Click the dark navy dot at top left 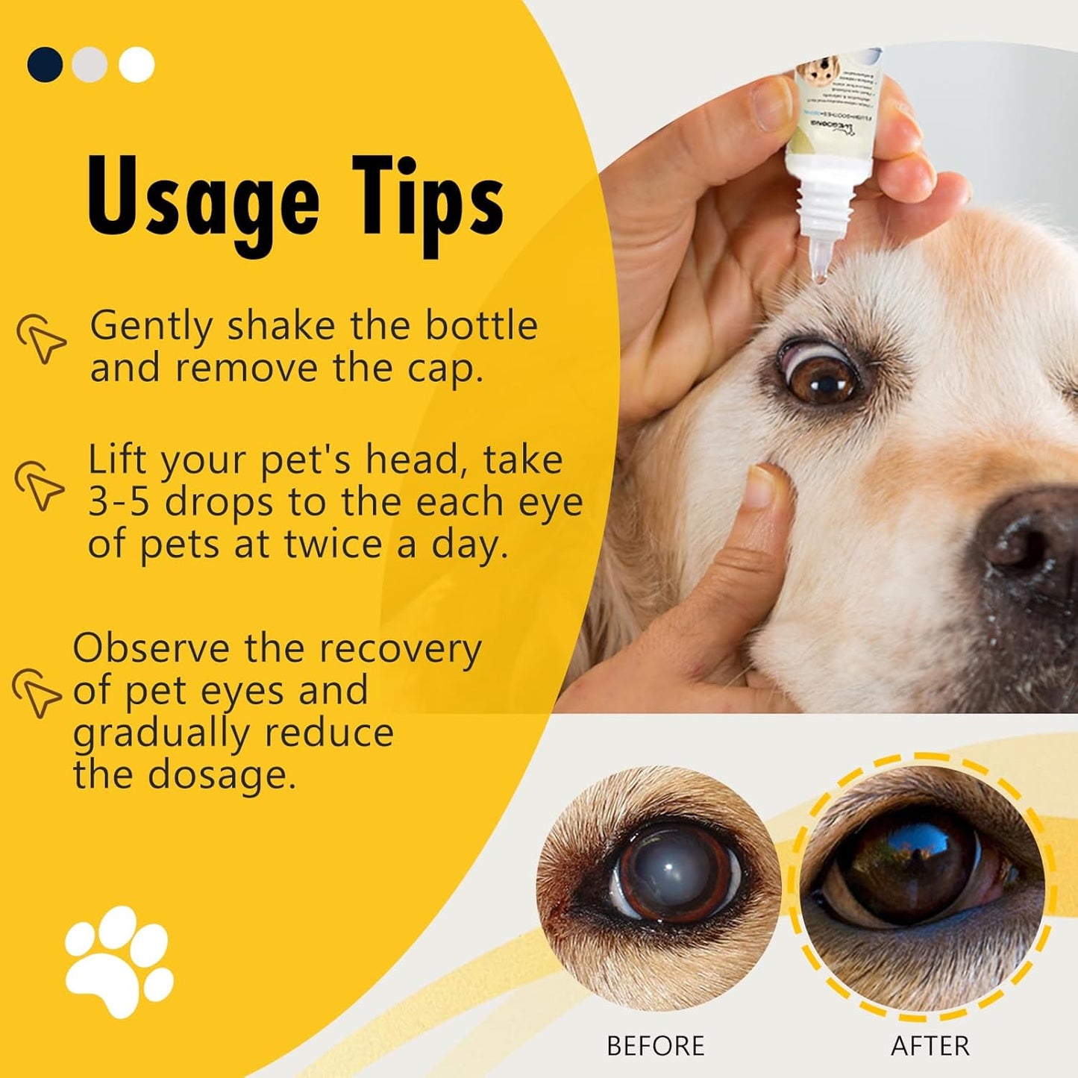coord(45,65)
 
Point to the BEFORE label coord(655,1046)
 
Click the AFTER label coord(930,1046)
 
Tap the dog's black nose coord(1033,537)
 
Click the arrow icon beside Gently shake coord(42,339)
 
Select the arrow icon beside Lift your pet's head coord(40,486)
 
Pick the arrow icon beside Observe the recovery coord(37,691)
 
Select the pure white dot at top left coord(136,65)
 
